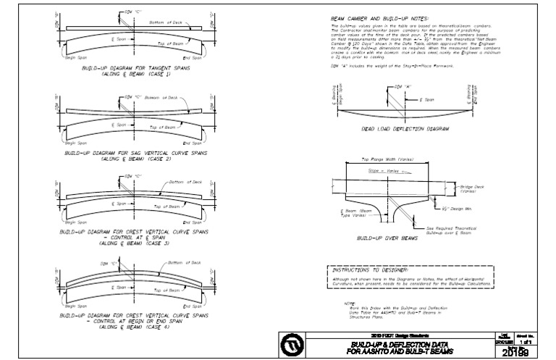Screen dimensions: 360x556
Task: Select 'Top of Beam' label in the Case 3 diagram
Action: click(167, 207)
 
